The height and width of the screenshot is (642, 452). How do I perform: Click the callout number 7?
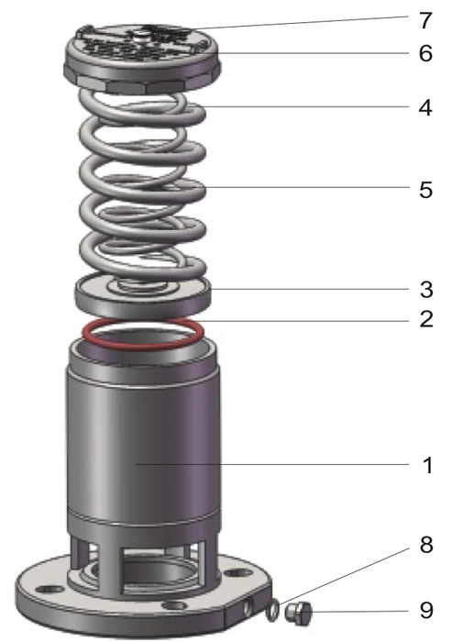point(425,19)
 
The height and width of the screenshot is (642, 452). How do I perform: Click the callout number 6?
point(425,52)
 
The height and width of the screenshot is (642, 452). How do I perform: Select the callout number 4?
point(425,107)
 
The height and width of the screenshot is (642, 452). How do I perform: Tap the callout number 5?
point(425,190)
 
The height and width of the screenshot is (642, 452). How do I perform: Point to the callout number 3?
point(425,289)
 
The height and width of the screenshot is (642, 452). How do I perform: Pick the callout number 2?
point(425,320)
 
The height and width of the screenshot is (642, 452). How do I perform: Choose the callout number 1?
point(425,465)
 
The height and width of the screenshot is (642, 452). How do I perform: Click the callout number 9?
point(425,610)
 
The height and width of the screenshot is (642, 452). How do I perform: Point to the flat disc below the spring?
point(142,294)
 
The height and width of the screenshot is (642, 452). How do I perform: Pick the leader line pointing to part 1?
point(275,465)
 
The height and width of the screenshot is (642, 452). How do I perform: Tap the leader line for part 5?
point(303,188)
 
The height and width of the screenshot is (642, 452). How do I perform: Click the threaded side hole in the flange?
point(250,606)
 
